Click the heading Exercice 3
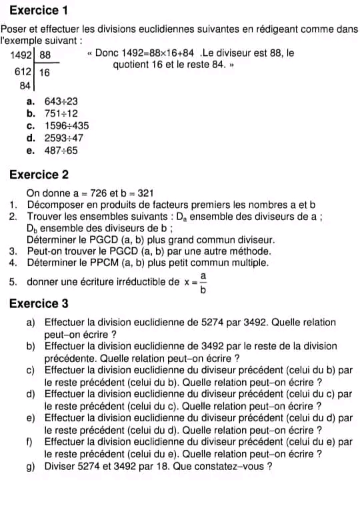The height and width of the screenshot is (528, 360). pyautogui.click(x=39, y=303)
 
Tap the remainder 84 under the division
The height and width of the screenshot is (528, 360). pyautogui.click(x=25, y=85)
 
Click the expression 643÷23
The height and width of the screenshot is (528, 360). pyautogui.click(x=61, y=101)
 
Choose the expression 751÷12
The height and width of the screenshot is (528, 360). pyautogui.click(x=61, y=113)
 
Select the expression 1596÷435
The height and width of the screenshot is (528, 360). pyautogui.click(x=66, y=125)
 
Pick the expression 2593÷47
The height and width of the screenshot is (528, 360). pyautogui.click(x=63, y=138)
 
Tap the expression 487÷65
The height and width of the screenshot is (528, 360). pyautogui.click(x=61, y=150)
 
